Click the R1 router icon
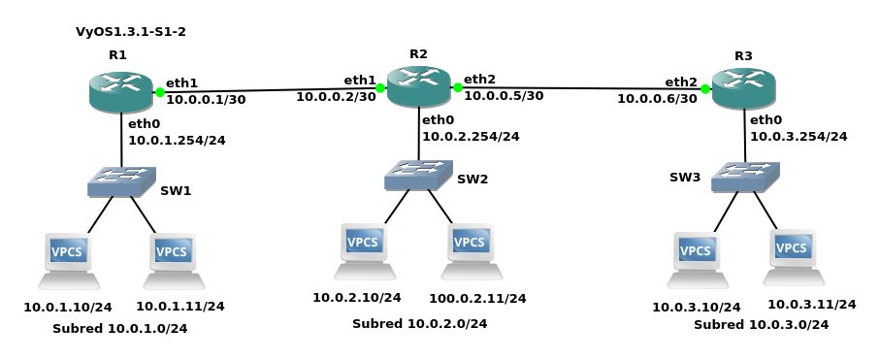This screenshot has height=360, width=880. point(120,91)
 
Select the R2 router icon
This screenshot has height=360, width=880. point(418,86)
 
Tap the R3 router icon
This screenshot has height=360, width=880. point(743,88)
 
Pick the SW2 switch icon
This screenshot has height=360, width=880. point(418,175)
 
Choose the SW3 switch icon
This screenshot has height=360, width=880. point(744,177)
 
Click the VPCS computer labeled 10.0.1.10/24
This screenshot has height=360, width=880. point(69,260)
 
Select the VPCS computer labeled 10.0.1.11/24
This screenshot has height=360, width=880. point(173,260)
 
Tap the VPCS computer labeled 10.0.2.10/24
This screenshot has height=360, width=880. point(365,250)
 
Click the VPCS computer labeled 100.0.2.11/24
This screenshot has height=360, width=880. point(473,250)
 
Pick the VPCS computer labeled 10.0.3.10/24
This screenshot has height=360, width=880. point(698,259)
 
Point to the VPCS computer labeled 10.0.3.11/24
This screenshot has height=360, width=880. point(793,256)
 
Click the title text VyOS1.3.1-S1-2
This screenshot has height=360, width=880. point(131,32)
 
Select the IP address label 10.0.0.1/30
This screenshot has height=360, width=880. point(206,99)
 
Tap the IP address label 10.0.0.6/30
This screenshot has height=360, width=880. point(657,99)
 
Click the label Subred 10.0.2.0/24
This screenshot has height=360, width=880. point(419,323)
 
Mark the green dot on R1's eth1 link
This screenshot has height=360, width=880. point(160,93)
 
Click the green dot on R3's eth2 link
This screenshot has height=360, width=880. point(705,89)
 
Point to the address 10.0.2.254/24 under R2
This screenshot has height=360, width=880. point(471,137)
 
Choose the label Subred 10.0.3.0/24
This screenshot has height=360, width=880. point(761,325)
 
